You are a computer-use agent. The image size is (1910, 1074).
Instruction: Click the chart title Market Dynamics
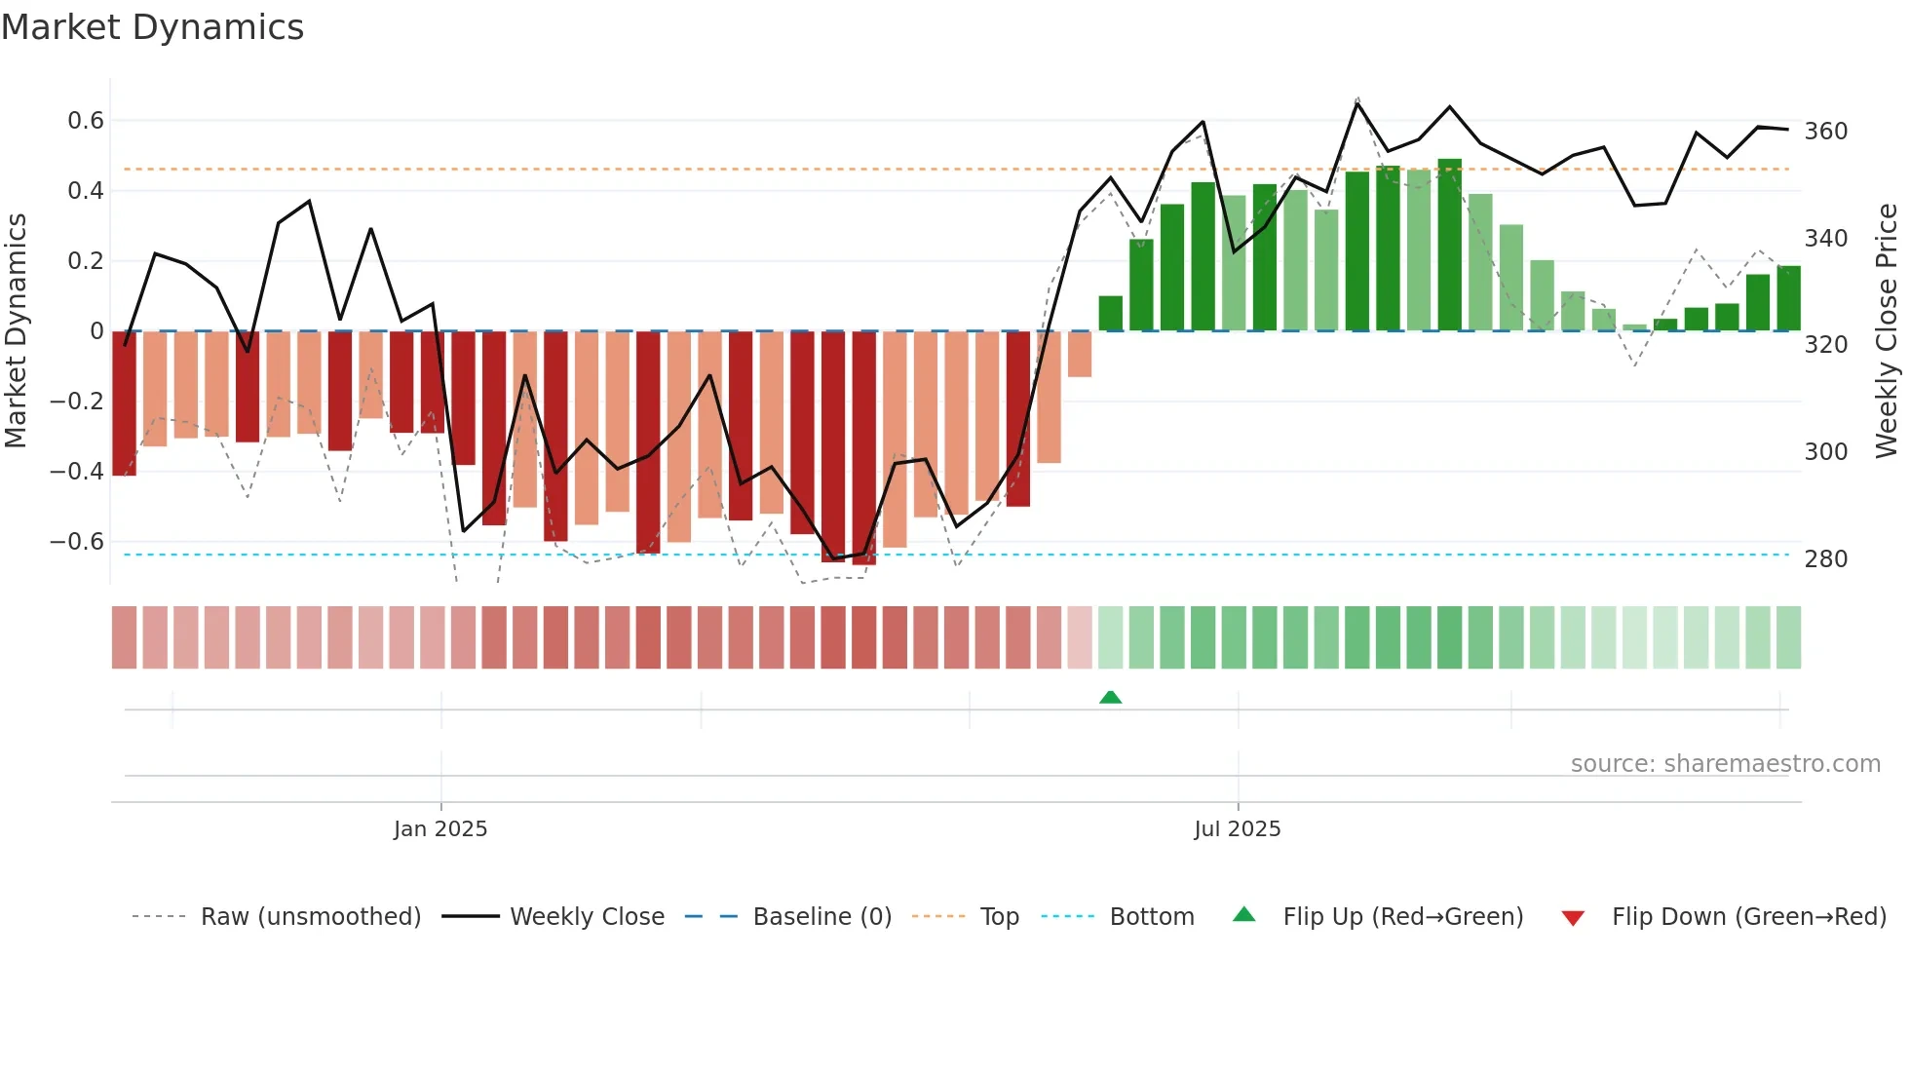tap(152, 27)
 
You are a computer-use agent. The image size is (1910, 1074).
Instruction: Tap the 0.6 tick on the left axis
tap(85, 121)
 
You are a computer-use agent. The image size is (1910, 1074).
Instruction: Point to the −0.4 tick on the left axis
tap(76, 472)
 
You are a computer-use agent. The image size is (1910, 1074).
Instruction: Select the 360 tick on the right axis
tap(1825, 132)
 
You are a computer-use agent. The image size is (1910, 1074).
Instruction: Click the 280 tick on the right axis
tap(1825, 559)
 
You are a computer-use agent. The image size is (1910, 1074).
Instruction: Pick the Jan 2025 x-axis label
tap(440, 829)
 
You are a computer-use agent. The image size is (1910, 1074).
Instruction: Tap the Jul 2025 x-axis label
tap(1237, 829)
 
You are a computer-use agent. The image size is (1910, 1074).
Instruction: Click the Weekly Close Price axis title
tap(1887, 331)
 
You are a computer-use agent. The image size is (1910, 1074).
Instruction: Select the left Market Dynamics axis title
tap(16, 331)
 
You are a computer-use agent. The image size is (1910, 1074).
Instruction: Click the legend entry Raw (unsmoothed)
tap(310, 917)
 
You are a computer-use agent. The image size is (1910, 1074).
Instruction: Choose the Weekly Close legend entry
tap(587, 917)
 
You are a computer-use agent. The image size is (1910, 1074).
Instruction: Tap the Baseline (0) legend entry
tap(821, 917)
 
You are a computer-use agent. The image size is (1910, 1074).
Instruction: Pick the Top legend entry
tap(999, 917)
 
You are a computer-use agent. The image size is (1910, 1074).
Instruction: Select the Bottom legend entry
tap(1151, 917)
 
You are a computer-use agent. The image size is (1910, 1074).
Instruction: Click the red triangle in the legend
tap(1572, 918)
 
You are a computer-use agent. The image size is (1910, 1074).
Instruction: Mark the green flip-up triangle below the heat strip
tap(1110, 697)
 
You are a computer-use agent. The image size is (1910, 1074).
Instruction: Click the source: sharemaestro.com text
tap(1725, 764)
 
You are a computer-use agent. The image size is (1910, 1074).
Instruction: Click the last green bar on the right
tap(1788, 298)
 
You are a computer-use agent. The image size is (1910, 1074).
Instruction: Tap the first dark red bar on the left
tap(124, 403)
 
